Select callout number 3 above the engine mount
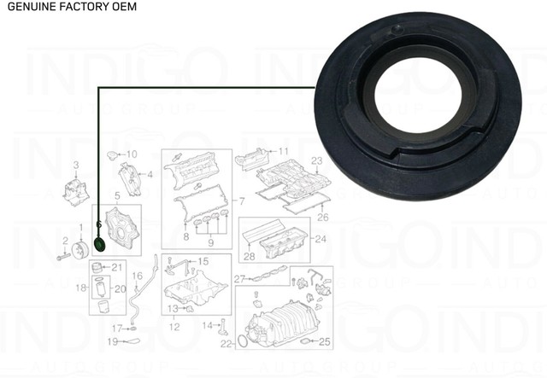[75, 164]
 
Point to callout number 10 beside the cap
[131, 154]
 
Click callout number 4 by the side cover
[150, 176]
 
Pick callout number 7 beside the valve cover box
[241, 201]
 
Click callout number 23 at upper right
[315, 161]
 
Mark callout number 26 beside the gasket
[322, 217]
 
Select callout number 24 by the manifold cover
[321, 239]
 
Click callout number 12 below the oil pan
[174, 327]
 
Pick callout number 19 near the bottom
[112, 342]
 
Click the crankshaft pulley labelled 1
[80, 250]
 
